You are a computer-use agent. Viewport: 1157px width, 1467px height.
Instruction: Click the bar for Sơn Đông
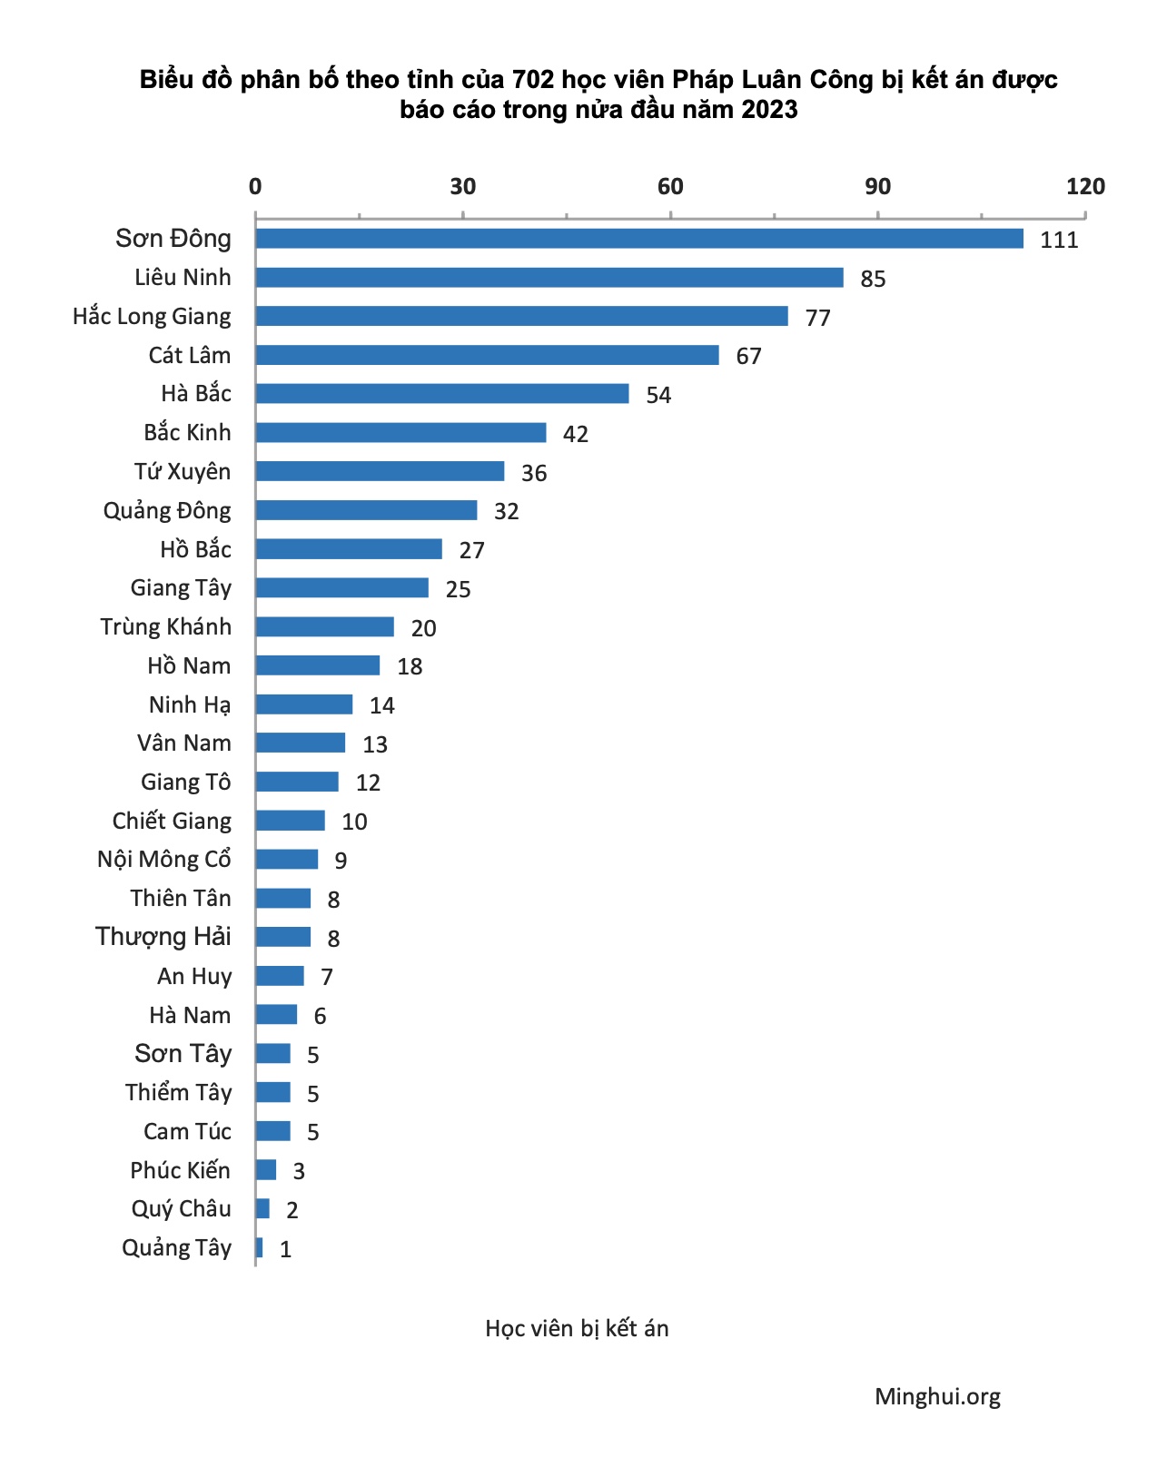[638, 239]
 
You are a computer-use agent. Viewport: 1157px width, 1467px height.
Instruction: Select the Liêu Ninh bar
[549, 278]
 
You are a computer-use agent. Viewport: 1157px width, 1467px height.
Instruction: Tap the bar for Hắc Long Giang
[521, 316]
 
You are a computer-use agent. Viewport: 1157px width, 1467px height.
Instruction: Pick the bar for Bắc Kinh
[400, 433]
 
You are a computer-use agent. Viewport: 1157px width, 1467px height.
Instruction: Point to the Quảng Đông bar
[366, 510]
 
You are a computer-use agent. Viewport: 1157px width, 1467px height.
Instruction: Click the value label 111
[1059, 241]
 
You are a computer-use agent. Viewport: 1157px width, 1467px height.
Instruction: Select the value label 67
[748, 356]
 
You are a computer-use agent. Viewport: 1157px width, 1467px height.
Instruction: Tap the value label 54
[658, 395]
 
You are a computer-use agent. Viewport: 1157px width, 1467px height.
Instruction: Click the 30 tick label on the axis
[462, 187]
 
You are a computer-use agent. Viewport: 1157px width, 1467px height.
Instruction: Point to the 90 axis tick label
[877, 187]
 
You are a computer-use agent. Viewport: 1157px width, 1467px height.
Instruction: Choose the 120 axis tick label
[1085, 187]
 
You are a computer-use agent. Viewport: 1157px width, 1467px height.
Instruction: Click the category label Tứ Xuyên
[183, 472]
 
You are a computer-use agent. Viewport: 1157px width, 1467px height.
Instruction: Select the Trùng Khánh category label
[166, 627]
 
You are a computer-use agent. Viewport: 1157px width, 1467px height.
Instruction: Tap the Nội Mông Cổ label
[164, 860]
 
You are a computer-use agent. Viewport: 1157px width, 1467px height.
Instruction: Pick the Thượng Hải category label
[163, 937]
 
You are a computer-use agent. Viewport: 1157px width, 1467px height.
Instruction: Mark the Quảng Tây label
[177, 1248]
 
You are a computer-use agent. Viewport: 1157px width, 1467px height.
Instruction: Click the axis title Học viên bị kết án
[577, 1329]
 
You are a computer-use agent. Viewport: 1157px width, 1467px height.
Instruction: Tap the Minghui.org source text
[937, 1397]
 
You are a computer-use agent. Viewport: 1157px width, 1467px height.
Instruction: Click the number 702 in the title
[532, 80]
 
